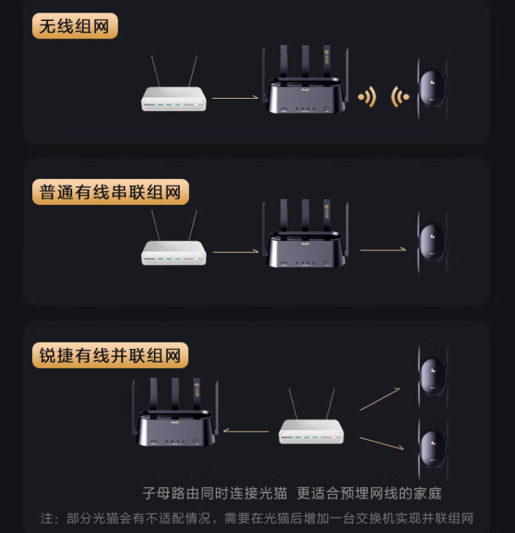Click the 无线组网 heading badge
pyautogui.click(x=75, y=26)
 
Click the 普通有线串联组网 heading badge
pyautogui.click(x=111, y=192)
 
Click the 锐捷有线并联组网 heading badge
pyautogui.click(x=110, y=355)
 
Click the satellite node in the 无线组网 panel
pyautogui.click(x=432, y=89)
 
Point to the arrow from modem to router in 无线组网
pyautogui.click(x=235, y=98)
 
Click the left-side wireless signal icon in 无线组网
pyautogui.click(x=367, y=97)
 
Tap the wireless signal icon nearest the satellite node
pyautogui.click(x=400, y=97)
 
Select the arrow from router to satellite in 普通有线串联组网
pyautogui.click(x=383, y=250)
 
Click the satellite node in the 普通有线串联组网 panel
pyautogui.click(x=432, y=243)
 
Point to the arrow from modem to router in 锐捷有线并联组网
pyautogui.click(x=246, y=431)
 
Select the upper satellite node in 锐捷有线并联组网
pyautogui.click(x=432, y=376)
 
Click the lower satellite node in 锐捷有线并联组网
pyautogui.click(x=432, y=449)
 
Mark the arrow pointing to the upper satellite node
pyautogui.click(x=380, y=399)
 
